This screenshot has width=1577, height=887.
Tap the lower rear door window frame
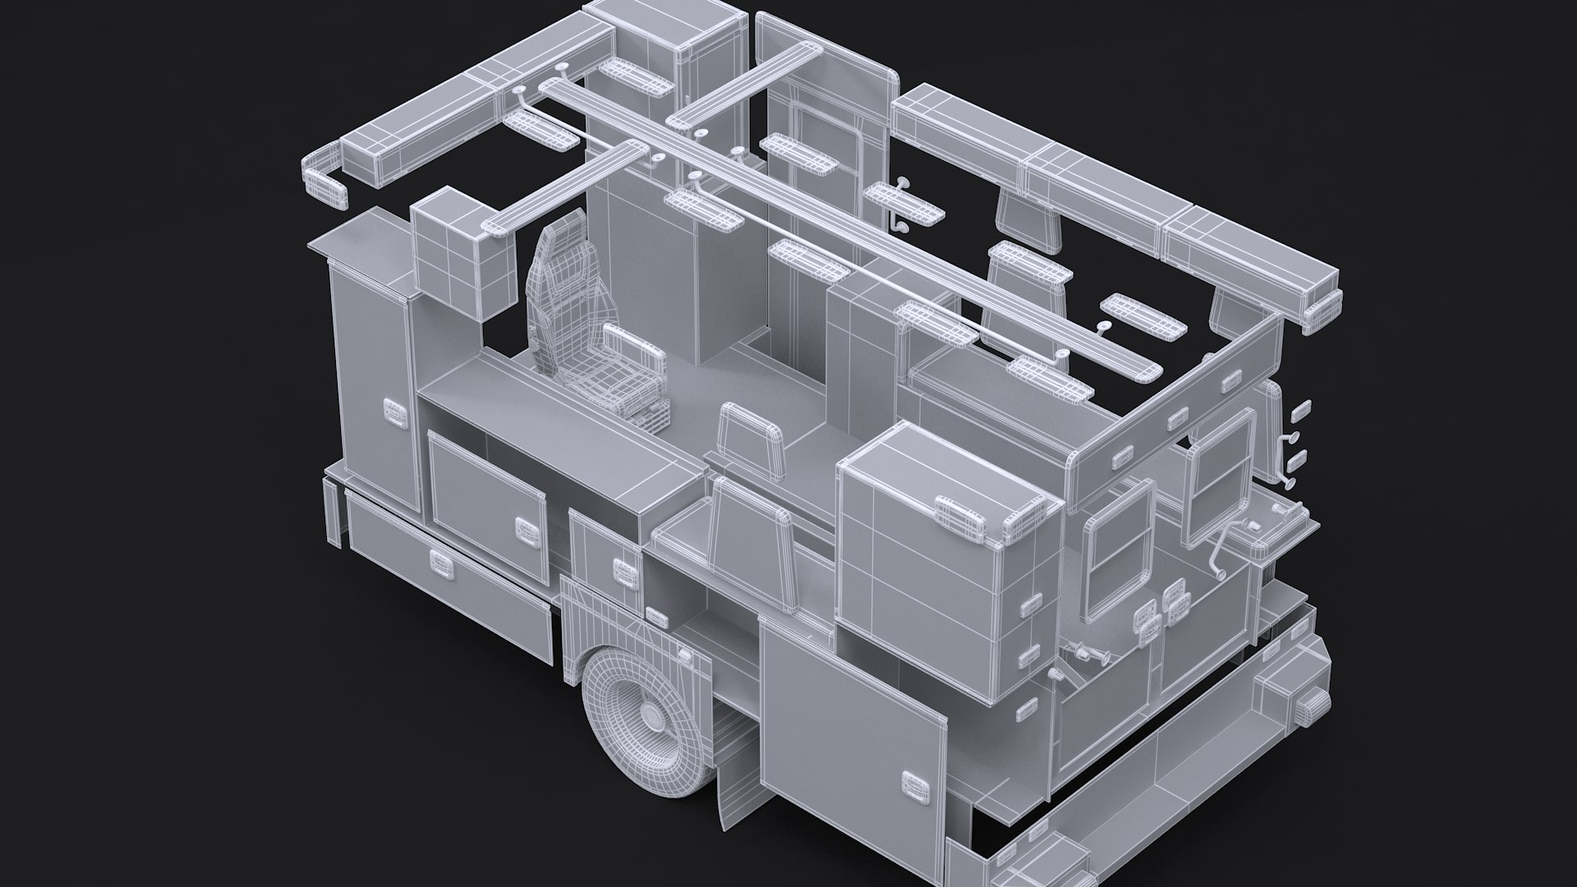tap(1120, 550)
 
